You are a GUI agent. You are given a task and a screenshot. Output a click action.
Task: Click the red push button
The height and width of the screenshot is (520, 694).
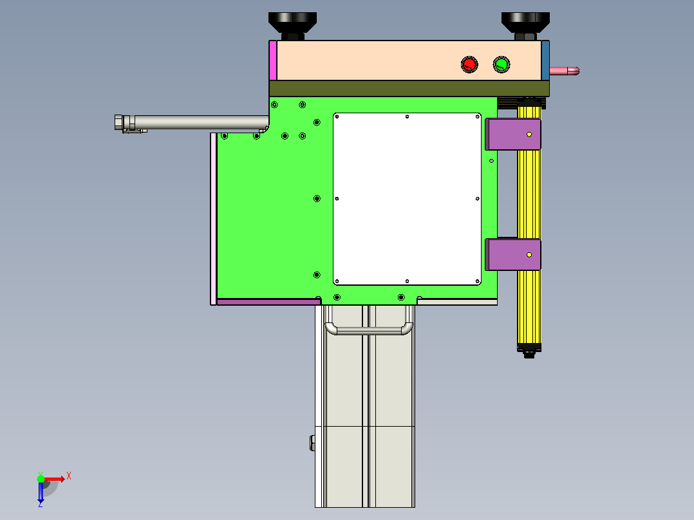click(x=469, y=64)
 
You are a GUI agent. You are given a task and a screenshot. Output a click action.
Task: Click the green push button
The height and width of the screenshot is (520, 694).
click(x=502, y=64)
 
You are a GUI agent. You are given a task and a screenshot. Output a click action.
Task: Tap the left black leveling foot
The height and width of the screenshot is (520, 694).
click(x=292, y=26)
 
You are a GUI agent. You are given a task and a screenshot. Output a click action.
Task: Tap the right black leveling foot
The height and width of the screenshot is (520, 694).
click(x=525, y=26)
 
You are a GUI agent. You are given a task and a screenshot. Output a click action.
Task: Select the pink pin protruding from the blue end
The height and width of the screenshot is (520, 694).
click(x=565, y=71)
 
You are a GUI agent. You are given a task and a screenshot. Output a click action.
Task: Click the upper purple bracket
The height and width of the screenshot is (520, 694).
click(x=513, y=134)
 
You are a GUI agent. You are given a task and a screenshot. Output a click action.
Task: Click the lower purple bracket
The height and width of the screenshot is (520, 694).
click(x=513, y=254)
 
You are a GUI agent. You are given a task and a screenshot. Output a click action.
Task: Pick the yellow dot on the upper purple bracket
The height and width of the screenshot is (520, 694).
click(x=529, y=135)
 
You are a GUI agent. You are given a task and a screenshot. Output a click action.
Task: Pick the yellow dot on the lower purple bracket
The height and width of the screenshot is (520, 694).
click(x=529, y=255)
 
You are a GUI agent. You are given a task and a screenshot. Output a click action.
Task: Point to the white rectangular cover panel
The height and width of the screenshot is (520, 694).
click(x=407, y=199)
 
